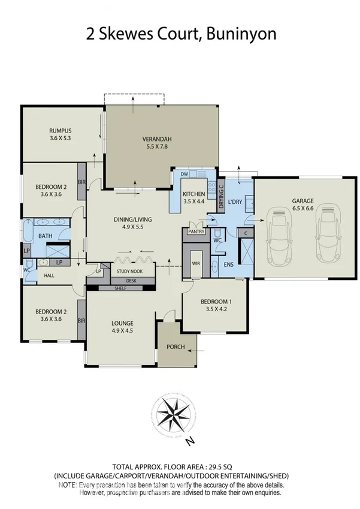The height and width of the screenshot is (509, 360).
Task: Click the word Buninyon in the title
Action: point(242,34)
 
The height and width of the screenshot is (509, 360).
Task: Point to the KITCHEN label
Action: point(194,194)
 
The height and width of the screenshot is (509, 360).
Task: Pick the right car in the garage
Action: point(326,235)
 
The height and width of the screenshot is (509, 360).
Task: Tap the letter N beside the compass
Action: point(190,442)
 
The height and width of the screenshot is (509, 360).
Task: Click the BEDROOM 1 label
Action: point(214,302)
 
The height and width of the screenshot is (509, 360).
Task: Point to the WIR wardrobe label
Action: point(196,263)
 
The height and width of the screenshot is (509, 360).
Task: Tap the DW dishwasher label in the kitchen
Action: point(184,174)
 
